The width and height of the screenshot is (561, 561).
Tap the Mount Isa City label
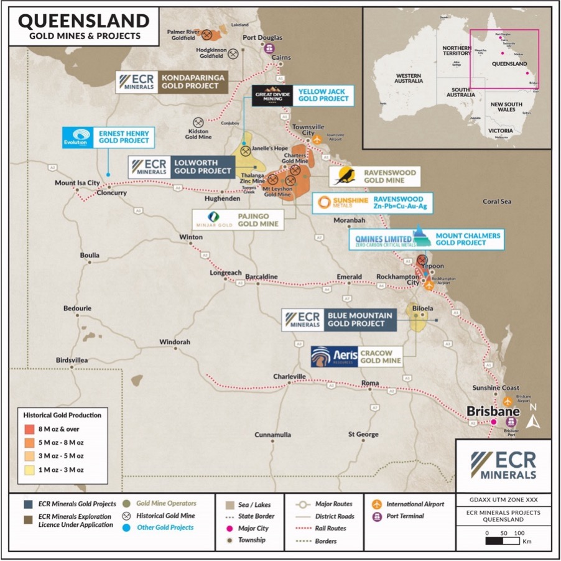[77, 183]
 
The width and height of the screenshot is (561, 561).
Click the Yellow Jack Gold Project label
[322, 95]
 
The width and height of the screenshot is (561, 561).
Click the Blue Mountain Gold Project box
[359, 319]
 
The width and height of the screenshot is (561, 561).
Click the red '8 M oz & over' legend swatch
[29, 429]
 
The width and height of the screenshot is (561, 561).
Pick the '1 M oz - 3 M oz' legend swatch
[29, 470]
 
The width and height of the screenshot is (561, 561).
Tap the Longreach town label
[225, 273]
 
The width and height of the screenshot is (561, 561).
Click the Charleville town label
[289, 376]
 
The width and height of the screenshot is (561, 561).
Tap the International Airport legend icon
[376, 504]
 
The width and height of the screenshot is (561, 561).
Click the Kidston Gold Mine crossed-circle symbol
[199, 123]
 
